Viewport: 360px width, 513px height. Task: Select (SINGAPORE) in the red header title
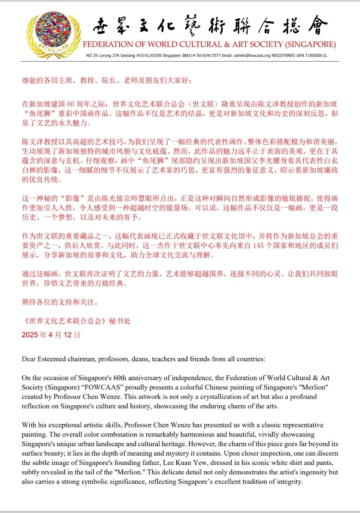[x=310, y=44]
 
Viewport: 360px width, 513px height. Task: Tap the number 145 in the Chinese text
[x=258, y=246]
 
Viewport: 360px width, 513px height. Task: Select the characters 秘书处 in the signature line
[x=120, y=321]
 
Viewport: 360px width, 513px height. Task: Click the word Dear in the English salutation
[x=28, y=359]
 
